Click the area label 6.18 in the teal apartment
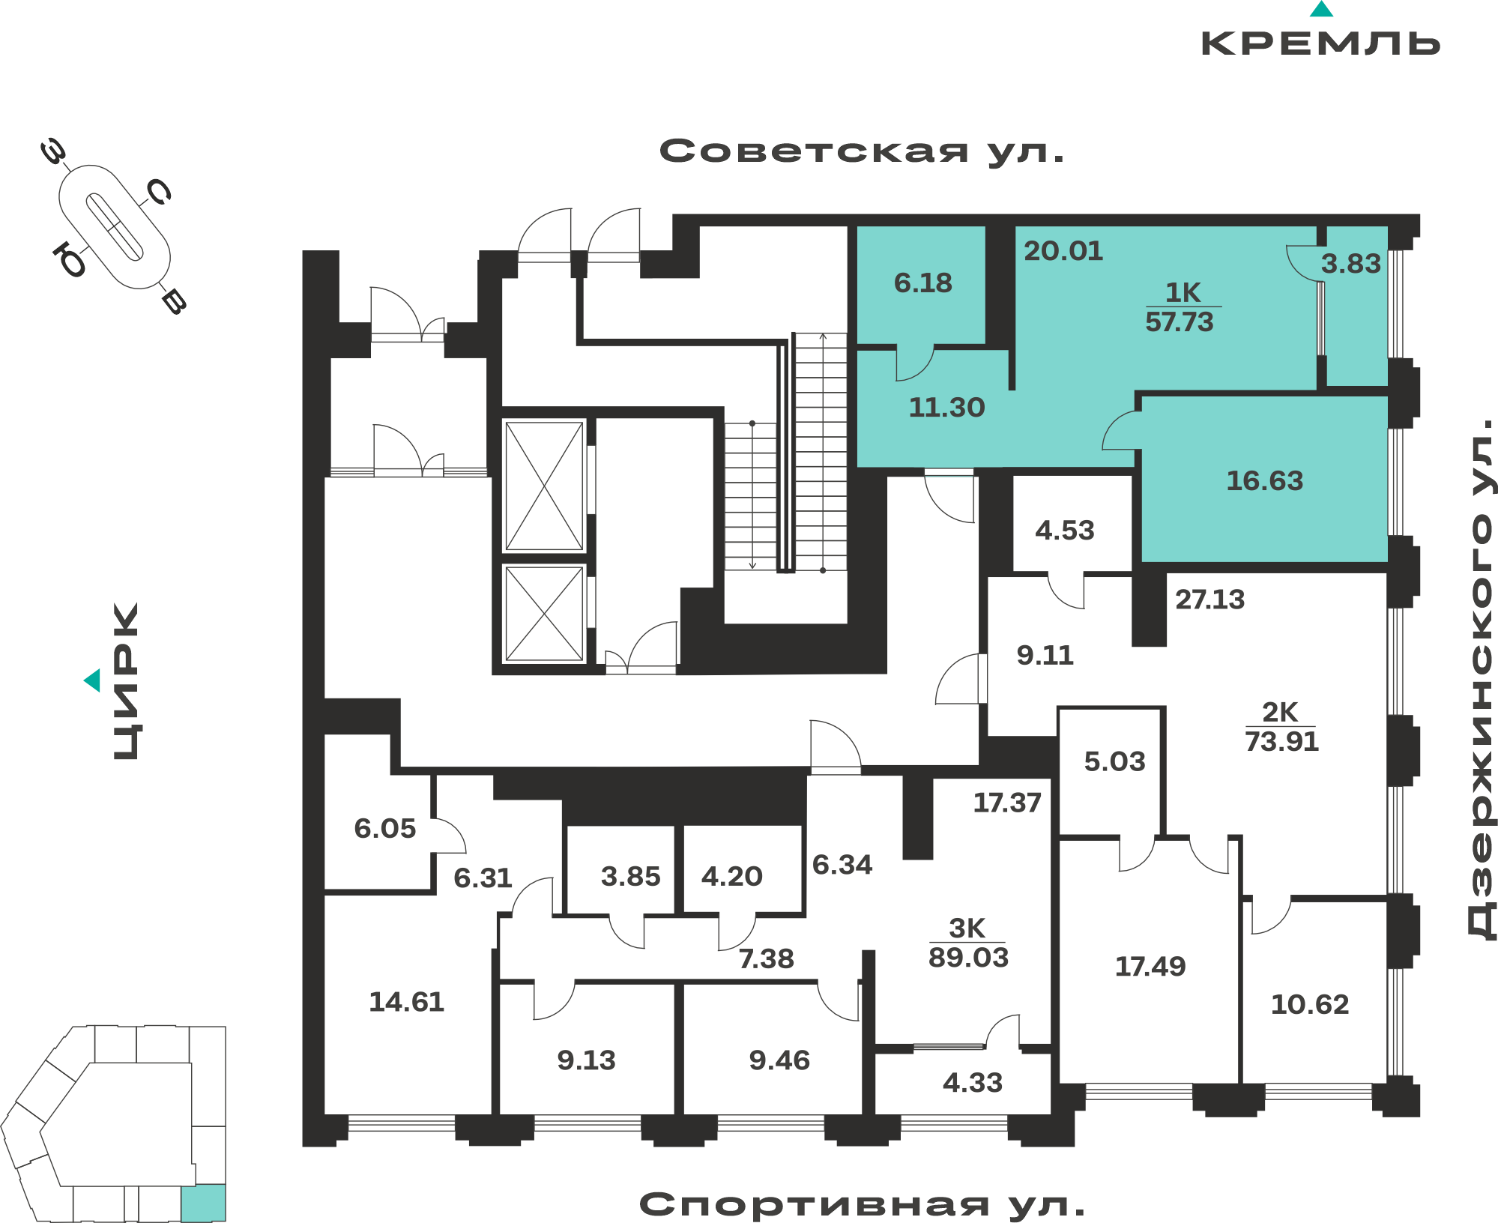pyautogui.click(x=922, y=283)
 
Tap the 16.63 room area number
pyautogui.click(x=1265, y=481)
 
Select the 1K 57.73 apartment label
pyautogui.click(x=1182, y=307)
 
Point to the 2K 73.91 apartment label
pyautogui.click(x=1281, y=727)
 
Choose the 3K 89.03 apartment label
pyautogui.click(x=968, y=943)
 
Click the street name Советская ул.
pyautogui.click(x=862, y=151)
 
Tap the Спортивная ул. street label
pyautogui.click(x=863, y=1205)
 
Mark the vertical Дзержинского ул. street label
pyautogui.click(x=1479, y=678)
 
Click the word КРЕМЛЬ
pyautogui.click(x=1321, y=43)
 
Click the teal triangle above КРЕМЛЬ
pyautogui.click(x=1321, y=9)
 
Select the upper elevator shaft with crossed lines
pyautogui.click(x=545, y=486)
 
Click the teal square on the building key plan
pyautogui.click(x=203, y=1202)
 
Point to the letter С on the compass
pyautogui.click(x=159, y=193)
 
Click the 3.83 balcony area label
pyautogui.click(x=1350, y=264)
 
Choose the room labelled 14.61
pyautogui.click(x=407, y=1002)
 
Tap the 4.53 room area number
pyautogui.click(x=1065, y=531)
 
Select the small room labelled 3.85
pyautogui.click(x=631, y=876)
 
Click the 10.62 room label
pyautogui.click(x=1310, y=1004)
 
